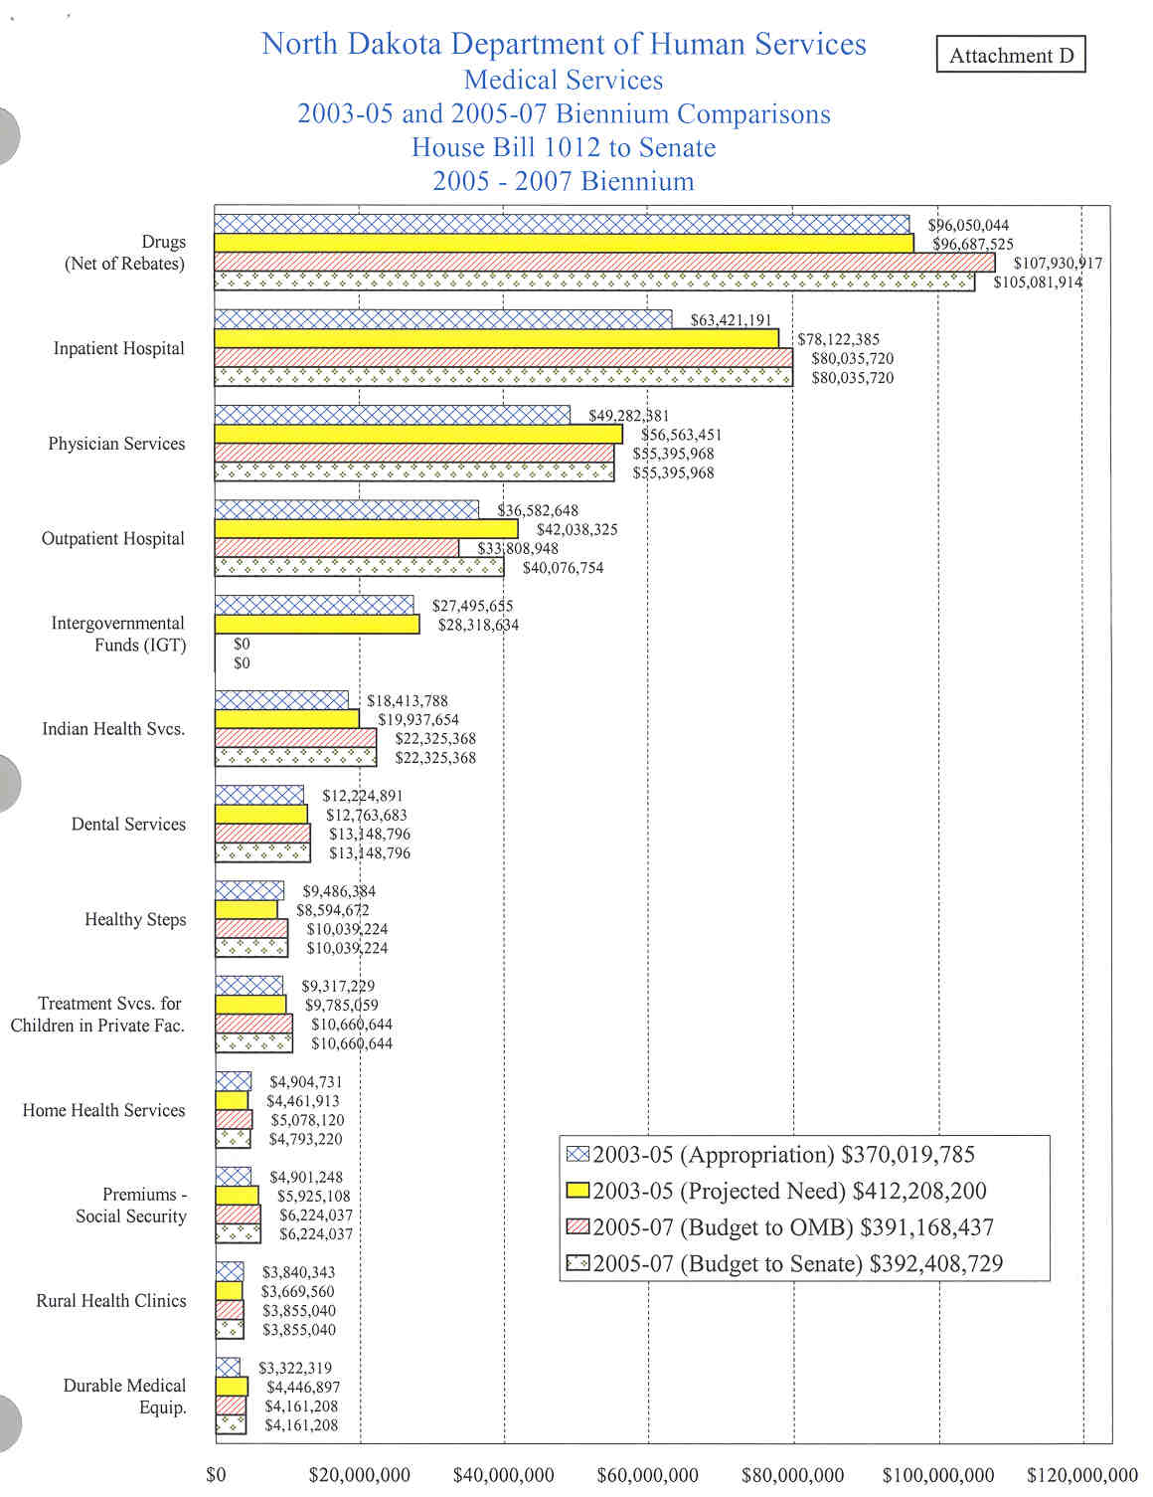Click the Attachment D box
(x=1011, y=55)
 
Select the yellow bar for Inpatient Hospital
(x=497, y=339)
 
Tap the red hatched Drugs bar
(x=604, y=263)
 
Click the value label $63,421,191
(x=731, y=320)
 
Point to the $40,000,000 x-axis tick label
(x=503, y=1475)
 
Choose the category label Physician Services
(x=116, y=444)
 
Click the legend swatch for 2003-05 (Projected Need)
(x=577, y=1191)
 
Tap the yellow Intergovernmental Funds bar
(x=317, y=625)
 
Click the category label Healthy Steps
(x=135, y=919)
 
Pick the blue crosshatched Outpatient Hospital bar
(x=347, y=510)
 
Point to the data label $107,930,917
(x=1058, y=264)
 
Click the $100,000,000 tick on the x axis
(x=937, y=1475)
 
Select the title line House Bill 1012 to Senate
(x=564, y=147)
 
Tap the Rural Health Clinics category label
(x=111, y=1300)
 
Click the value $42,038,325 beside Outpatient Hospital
(x=576, y=529)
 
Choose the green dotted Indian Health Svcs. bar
(x=295, y=757)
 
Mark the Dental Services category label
(x=128, y=824)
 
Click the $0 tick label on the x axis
(x=216, y=1475)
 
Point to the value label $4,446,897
(x=302, y=1387)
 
